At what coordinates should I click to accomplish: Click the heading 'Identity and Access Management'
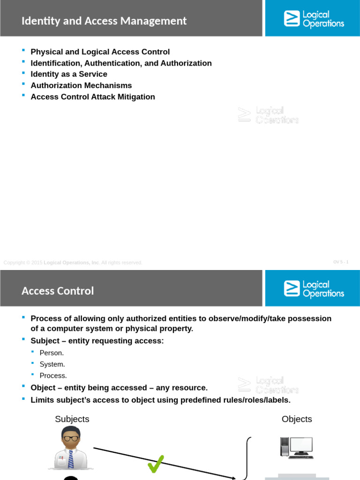pyautogui.click(x=104, y=21)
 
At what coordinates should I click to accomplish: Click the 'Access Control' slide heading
pyautogui.click(x=58, y=291)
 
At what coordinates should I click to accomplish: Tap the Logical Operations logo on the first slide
pyautogui.click(x=314, y=19)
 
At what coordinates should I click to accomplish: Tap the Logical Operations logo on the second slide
pyautogui.click(x=314, y=289)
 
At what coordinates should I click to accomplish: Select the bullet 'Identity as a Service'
pyautogui.click(x=69, y=74)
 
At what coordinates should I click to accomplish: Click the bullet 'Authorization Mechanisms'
pyautogui.click(x=81, y=85)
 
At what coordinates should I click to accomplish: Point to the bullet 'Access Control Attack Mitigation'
pyautogui.click(x=93, y=97)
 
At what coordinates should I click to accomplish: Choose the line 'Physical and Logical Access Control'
pyautogui.click(x=100, y=52)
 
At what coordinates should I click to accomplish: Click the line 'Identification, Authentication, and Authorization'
pyautogui.click(x=121, y=63)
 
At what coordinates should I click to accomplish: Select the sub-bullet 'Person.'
pyautogui.click(x=52, y=353)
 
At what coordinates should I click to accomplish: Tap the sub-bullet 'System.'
pyautogui.click(x=52, y=364)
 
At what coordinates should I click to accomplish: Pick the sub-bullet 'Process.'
pyautogui.click(x=53, y=375)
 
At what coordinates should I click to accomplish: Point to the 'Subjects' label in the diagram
pyautogui.click(x=72, y=419)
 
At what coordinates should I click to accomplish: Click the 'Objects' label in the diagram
pyautogui.click(x=297, y=419)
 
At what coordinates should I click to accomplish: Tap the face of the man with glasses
pyautogui.click(x=71, y=439)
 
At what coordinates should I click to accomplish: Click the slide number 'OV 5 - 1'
pyautogui.click(x=341, y=262)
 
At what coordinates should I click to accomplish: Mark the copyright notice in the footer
pyautogui.click(x=73, y=262)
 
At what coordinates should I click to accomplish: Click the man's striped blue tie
pyautogui.click(x=71, y=459)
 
